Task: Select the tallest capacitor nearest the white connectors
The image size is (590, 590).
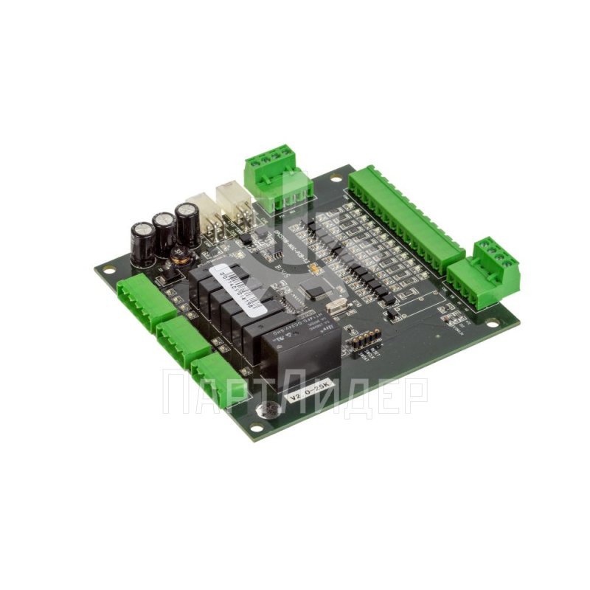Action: [187, 224]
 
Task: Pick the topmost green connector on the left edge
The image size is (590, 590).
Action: [146, 295]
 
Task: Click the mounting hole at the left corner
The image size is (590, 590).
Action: [110, 270]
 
